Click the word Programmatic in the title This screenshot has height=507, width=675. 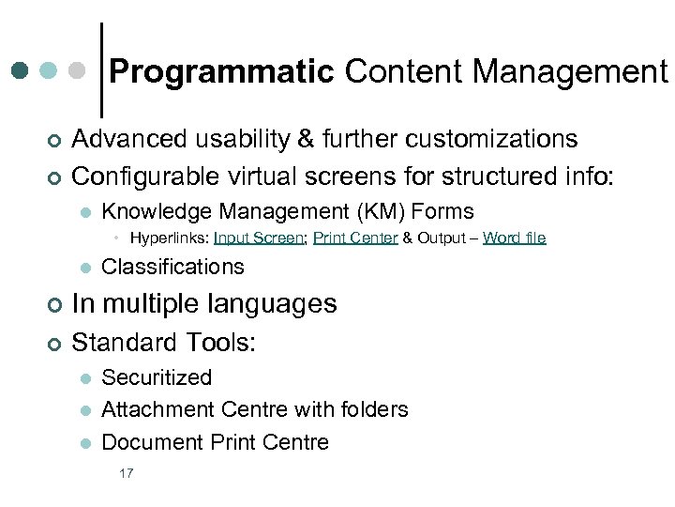pyautogui.click(x=222, y=71)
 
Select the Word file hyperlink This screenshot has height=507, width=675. pyautogui.click(x=514, y=238)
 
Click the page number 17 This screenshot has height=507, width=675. pyautogui.click(x=126, y=473)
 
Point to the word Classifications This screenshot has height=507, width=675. pyautogui.click(x=172, y=267)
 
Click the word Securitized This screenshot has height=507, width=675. pyautogui.click(x=157, y=377)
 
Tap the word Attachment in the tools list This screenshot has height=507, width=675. pyautogui.click(x=157, y=409)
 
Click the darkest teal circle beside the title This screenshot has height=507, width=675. pyautogui.click(x=21, y=70)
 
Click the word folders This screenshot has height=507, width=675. pyautogui.click(x=374, y=409)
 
